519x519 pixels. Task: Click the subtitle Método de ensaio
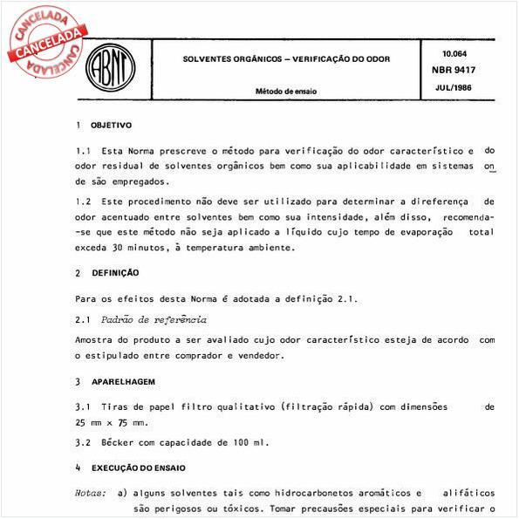point(286,91)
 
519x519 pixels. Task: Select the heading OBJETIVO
point(112,126)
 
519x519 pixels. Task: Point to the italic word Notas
point(91,492)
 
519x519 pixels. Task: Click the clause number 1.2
point(84,200)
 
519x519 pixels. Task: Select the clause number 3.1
point(84,406)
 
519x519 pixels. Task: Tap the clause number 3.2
point(84,442)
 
